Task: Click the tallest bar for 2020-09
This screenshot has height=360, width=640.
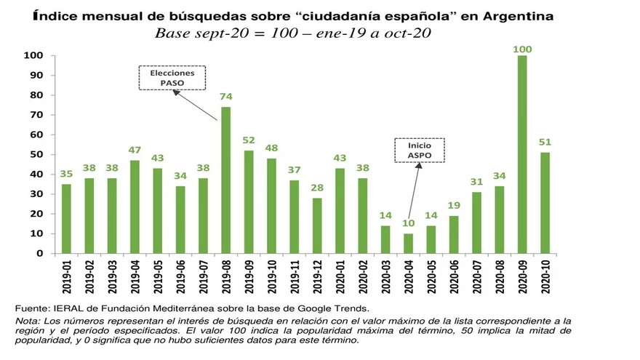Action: pos(522,155)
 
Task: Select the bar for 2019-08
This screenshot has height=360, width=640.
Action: pos(225,180)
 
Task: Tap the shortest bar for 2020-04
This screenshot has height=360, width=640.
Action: pos(408,244)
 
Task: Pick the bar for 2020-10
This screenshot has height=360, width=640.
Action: pos(545,203)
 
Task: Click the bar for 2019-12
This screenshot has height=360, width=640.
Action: pos(317,225)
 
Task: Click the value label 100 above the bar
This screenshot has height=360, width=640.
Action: pos(522,49)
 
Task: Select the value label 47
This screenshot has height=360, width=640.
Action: pos(135,152)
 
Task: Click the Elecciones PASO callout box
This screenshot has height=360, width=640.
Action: pos(172,78)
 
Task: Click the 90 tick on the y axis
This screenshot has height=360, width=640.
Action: pos(35,76)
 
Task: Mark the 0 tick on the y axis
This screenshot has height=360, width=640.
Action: pos(39,254)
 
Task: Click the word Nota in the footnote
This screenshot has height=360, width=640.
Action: pos(28,321)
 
